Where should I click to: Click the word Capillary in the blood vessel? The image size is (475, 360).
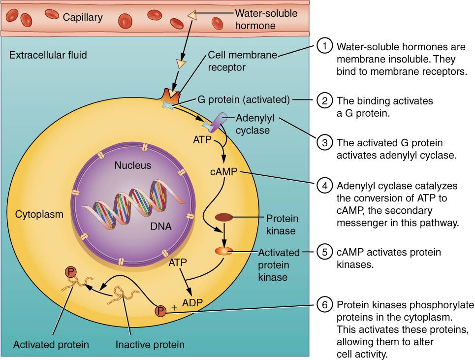click(x=83, y=18)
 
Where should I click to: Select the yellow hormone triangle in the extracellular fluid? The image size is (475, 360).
click(x=182, y=64)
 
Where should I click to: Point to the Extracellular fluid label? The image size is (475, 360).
click(x=48, y=55)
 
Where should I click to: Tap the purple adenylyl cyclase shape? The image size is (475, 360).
click(x=218, y=121)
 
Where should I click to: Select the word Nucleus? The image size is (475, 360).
click(x=133, y=165)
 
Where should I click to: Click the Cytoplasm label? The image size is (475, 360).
click(x=39, y=214)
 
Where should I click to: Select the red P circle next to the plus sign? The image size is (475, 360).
click(x=160, y=311)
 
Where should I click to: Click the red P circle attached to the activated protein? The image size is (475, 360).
click(x=70, y=271)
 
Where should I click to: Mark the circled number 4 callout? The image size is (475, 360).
click(x=324, y=186)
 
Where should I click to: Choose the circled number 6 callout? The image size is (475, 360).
click(x=324, y=304)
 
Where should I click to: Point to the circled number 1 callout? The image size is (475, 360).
click(x=324, y=47)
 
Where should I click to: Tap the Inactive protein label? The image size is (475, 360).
click(x=150, y=344)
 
